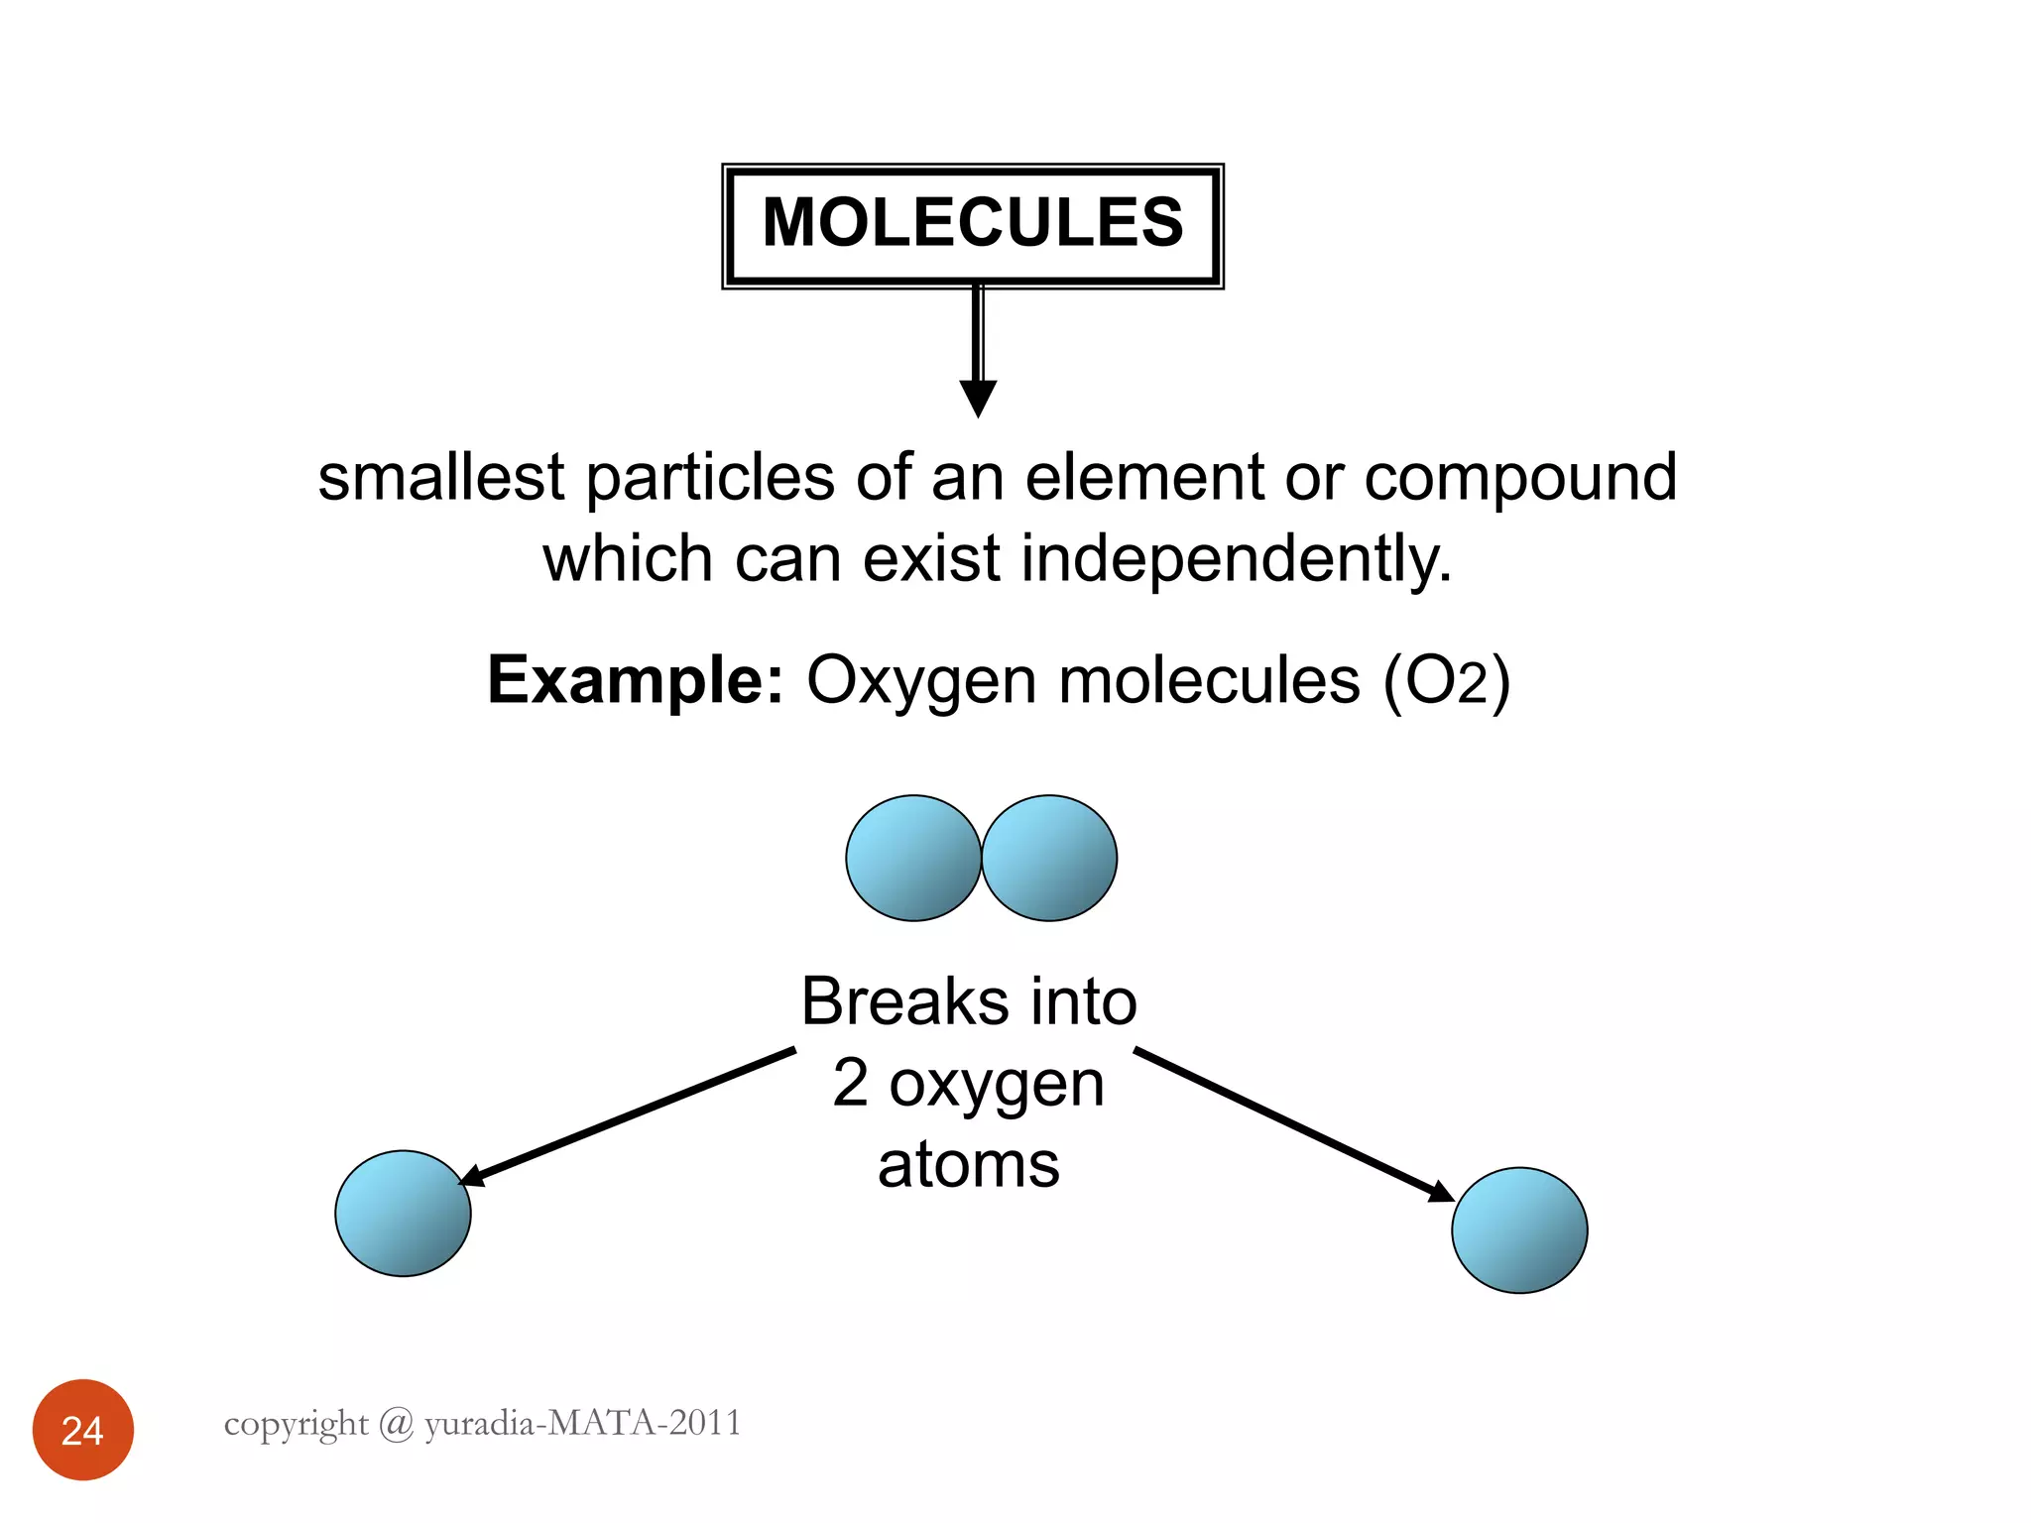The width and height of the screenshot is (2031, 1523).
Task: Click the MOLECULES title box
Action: pyautogui.click(x=972, y=225)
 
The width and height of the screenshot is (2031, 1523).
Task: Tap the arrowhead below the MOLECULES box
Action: pyautogui.click(x=978, y=398)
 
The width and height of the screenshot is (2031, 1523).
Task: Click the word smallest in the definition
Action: pyautogui.click(x=440, y=478)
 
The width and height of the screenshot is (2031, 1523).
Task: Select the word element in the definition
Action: pyautogui.click(x=1143, y=478)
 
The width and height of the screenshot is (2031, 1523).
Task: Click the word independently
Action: pyautogui.click(x=1237, y=559)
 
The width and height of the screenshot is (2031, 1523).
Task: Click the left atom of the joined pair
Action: pyautogui.click(x=912, y=859)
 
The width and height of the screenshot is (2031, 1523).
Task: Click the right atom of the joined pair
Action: pyautogui.click(x=1049, y=859)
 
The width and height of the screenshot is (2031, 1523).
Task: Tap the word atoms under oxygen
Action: pyautogui.click(x=969, y=1164)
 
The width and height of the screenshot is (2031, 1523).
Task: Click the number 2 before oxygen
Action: pyautogui.click(x=851, y=1083)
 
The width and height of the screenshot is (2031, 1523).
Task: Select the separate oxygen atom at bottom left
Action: pyautogui.click(x=403, y=1213)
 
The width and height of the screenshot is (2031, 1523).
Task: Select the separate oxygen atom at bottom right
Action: pyautogui.click(x=1519, y=1230)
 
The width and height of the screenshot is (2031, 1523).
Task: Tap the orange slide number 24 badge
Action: pyautogui.click(x=83, y=1430)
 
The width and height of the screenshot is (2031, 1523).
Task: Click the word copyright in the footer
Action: pyautogui.click(x=296, y=1424)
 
